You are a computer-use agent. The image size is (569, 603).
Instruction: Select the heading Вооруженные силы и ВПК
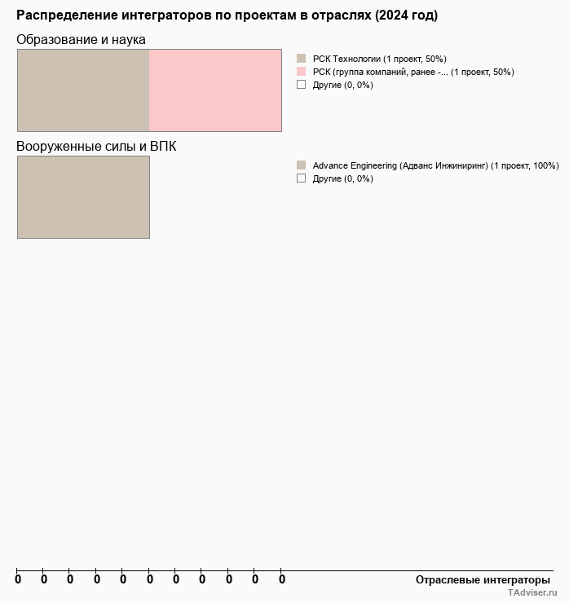pyautogui.click(x=96, y=146)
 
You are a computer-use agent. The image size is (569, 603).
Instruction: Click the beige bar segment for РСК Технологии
pyautogui.click(x=83, y=90)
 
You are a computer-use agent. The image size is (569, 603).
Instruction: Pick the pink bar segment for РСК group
pyautogui.click(x=215, y=90)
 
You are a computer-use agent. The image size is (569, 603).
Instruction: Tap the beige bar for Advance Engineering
pyautogui.click(x=83, y=197)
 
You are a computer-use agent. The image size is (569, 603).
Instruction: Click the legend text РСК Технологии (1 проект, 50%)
pyautogui.click(x=379, y=59)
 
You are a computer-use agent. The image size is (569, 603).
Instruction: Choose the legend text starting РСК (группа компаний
pyautogui.click(x=412, y=72)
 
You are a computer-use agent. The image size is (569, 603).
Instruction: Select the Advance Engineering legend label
pyautogui.click(x=435, y=165)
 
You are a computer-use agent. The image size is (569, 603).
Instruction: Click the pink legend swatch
pyautogui.click(x=301, y=72)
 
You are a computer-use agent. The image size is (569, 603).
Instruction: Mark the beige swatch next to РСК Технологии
pyautogui.click(x=301, y=59)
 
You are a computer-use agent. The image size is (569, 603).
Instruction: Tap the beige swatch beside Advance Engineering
pyautogui.click(x=301, y=165)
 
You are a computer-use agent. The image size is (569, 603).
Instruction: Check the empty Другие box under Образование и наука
pyautogui.click(x=301, y=85)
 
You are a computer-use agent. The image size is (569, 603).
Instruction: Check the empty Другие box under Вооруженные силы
pyautogui.click(x=301, y=178)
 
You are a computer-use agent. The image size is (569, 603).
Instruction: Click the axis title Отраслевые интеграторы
pyautogui.click(x=483, y=580)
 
